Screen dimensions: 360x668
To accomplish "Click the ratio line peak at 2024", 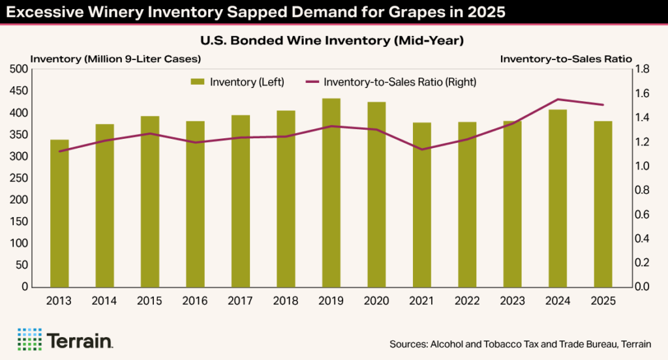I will click(x=558, y=99).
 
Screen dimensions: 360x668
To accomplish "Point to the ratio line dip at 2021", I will click(x=421, y=149).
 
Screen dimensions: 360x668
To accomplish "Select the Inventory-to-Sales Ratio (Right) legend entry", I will click(x=391, y=82).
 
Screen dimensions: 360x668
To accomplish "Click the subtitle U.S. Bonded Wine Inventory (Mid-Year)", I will click(x=333, y=41).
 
